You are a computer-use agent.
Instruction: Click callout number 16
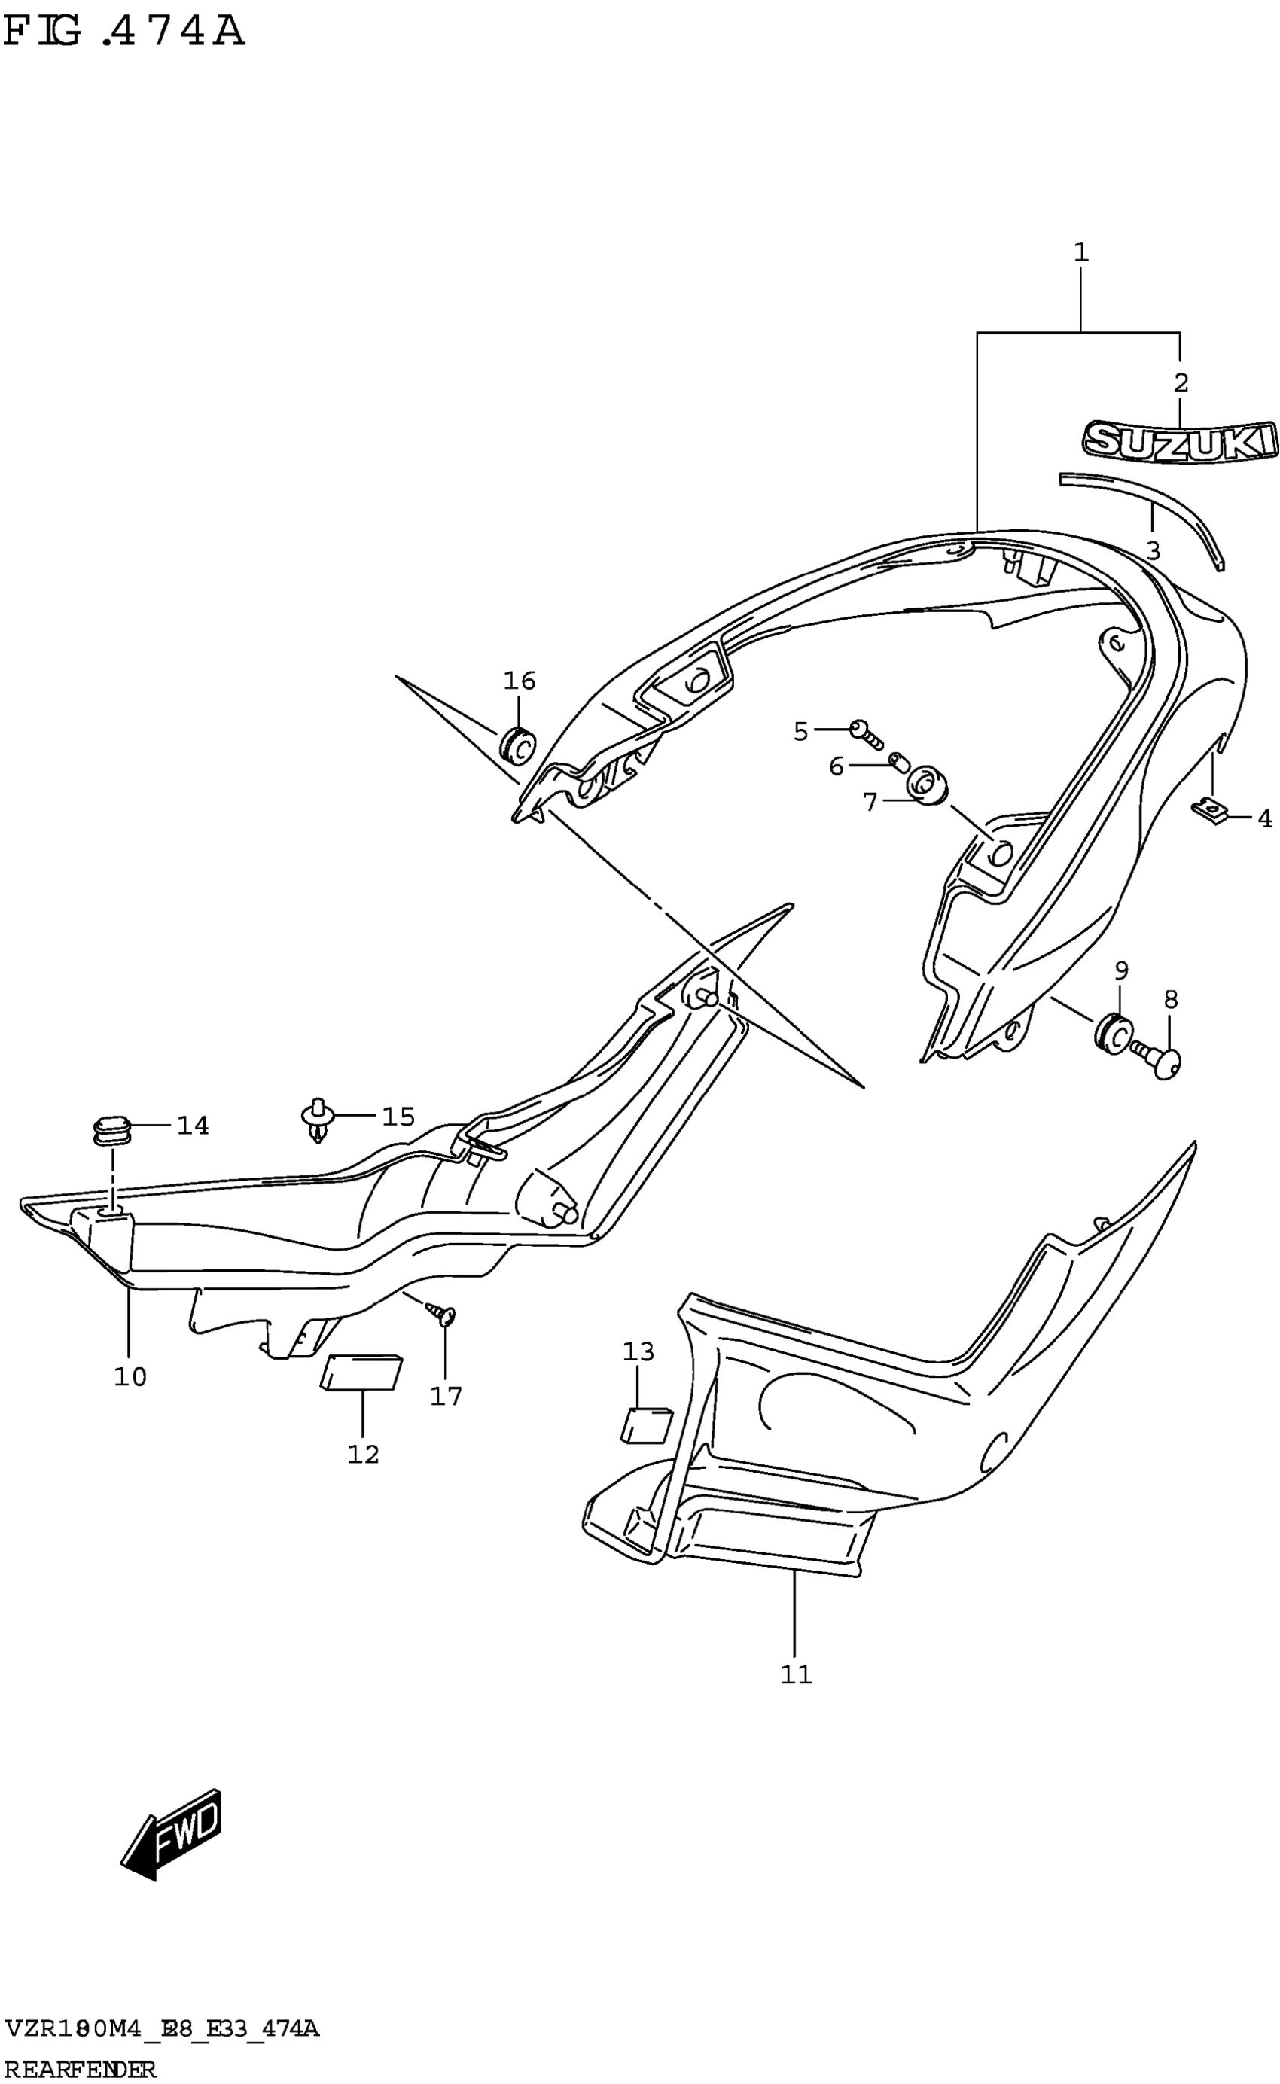[x=519, y=681]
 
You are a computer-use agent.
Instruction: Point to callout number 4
[x=1264, y=818]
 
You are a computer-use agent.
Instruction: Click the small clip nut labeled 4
[x=1214, y=812]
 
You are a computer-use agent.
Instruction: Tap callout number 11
[x=796, y=1674]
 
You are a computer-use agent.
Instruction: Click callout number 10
[x=130, y=1377]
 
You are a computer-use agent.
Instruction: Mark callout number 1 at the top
[x=1080, y=252]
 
